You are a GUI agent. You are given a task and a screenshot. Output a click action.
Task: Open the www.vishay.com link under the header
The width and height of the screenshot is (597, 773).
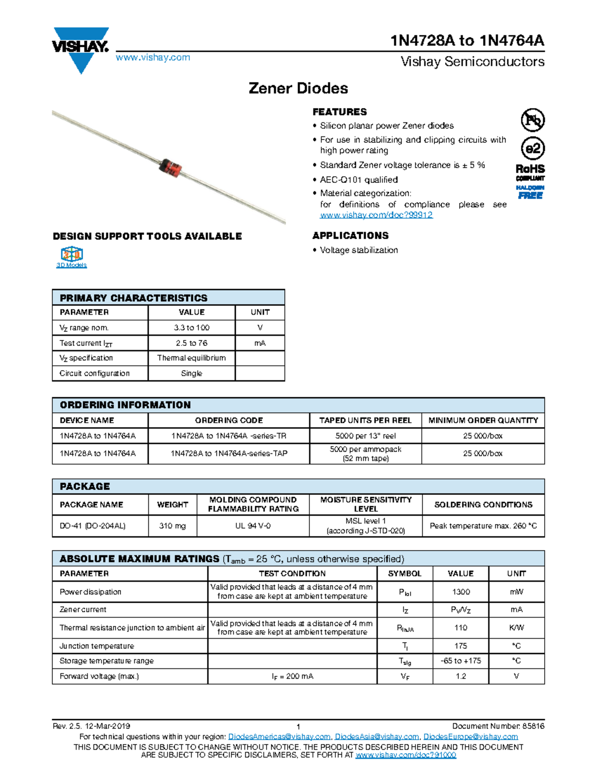point(153,58)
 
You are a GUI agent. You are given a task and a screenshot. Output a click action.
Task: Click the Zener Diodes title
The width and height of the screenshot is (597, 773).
point(298,89)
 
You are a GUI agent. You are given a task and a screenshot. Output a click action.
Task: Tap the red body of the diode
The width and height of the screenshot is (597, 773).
point(171,167)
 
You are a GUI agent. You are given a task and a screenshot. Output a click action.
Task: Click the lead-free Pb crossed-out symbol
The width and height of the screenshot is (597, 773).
point(532,120)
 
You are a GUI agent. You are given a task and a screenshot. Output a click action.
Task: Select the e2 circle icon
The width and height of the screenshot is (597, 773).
point(532,148)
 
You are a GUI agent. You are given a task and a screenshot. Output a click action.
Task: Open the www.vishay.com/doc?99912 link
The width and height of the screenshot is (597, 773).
point(376,215)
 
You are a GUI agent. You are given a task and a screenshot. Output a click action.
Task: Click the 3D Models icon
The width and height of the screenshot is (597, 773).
point(72,257)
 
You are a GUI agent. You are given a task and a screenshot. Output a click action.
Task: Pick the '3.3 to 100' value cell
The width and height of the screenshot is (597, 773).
point(192,328)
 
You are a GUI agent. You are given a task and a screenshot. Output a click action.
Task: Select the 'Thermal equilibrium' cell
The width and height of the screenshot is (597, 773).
point(192,358)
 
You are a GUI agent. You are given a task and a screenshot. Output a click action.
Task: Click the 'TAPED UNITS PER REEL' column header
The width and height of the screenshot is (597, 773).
point(365,421)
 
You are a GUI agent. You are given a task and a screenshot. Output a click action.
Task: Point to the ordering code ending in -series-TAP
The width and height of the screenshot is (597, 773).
point(229,453)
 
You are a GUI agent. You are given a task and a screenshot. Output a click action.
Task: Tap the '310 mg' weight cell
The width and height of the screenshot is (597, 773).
point(172,526)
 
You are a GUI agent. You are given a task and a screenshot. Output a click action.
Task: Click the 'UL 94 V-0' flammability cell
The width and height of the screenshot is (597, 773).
point(253,526)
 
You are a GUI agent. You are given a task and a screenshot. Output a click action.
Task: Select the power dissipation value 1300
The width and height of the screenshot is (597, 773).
point(461,592)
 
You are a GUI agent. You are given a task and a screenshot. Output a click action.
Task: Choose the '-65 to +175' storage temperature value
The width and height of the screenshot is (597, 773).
point(461,661)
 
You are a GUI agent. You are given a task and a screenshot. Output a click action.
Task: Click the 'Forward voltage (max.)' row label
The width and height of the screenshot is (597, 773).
point(99,676)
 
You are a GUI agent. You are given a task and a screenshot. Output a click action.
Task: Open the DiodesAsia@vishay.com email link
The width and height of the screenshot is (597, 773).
point(377,737)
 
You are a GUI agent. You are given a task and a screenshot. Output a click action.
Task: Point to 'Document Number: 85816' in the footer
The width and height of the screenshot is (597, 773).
point(498,726)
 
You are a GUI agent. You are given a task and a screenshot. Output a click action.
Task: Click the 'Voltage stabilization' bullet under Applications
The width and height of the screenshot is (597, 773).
point(359,250)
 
